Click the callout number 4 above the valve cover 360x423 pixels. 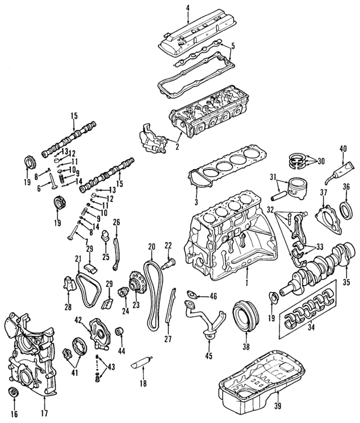188,7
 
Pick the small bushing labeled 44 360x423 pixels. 119,330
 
